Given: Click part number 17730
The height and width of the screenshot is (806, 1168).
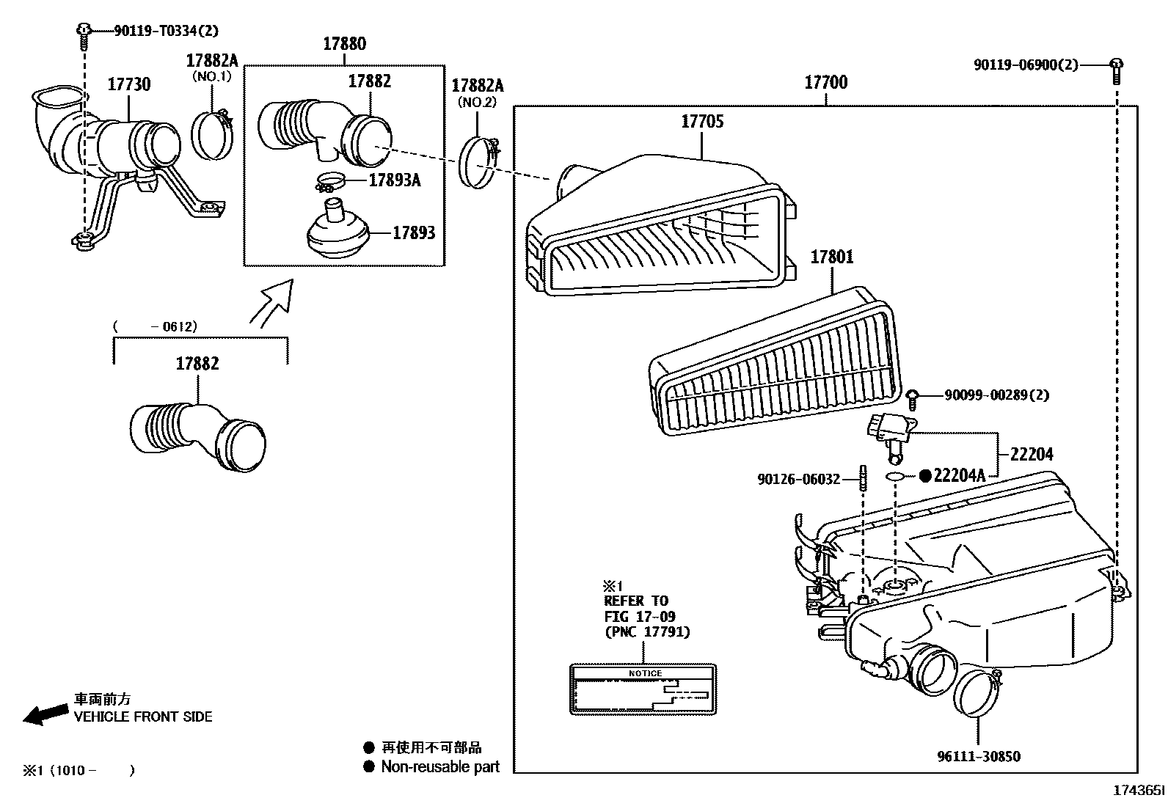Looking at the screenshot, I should pyautogui.click(x=129, y=84).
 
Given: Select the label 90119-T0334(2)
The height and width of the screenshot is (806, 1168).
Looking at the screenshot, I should pyautogui.click(x=156, y=31).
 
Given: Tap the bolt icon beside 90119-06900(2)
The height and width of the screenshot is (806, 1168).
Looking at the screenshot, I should pyautogui.click(x=1116, y=66).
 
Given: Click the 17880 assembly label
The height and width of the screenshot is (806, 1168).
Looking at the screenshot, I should pyautogui.click(x=344, y=44).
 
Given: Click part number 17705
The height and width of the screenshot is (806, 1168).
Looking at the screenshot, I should pyautogui.click(x=702, y=122).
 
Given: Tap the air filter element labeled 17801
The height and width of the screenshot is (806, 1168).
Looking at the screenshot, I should pyautogui.click(x=774, y=367).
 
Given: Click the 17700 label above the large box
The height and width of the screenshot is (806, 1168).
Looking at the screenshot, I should pyautogui.click(x=826, y=82).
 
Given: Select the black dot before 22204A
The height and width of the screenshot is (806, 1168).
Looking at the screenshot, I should pyautogui.click(x=925, y=476).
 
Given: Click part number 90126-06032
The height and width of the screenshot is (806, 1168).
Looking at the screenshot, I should pyautogui.click(x=799, y=480).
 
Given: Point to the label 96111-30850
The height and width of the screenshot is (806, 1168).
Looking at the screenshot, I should pyautogui.click(x=978, y=757).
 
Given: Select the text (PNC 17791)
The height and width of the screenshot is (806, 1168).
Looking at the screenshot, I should pyautogui.click(x=647, y=631).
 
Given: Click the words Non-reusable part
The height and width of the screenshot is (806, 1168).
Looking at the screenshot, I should pyautogui.click(x=440, y=767).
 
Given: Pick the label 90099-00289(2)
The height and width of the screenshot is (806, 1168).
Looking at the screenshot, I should pyautogui.click(x=996, y=395).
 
